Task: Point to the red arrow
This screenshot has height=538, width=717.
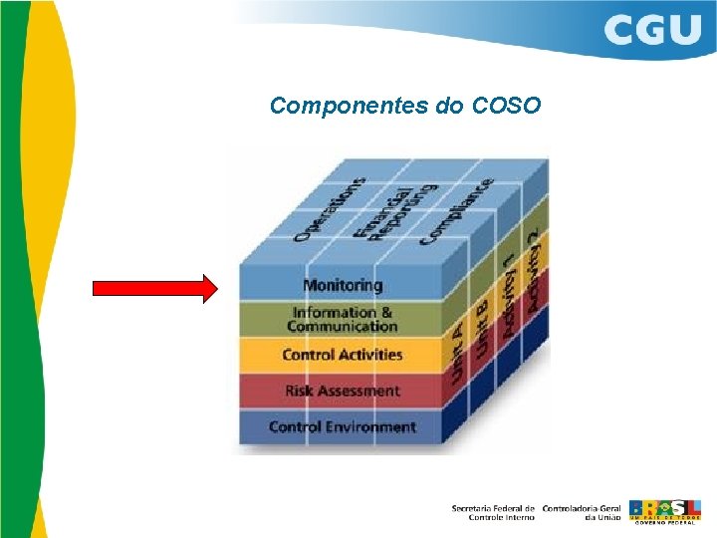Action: point(154,289)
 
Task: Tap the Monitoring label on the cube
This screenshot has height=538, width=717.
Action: point(343,285)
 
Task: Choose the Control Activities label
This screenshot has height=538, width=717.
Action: point(342,355)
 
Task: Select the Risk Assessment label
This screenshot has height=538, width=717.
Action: point(342,391)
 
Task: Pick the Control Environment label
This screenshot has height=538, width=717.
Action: point(342,426)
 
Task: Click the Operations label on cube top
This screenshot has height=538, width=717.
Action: point(329,209)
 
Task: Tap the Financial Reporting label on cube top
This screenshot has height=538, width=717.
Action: point(383,211)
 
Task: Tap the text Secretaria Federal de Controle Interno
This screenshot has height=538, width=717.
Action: point(493,512)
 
